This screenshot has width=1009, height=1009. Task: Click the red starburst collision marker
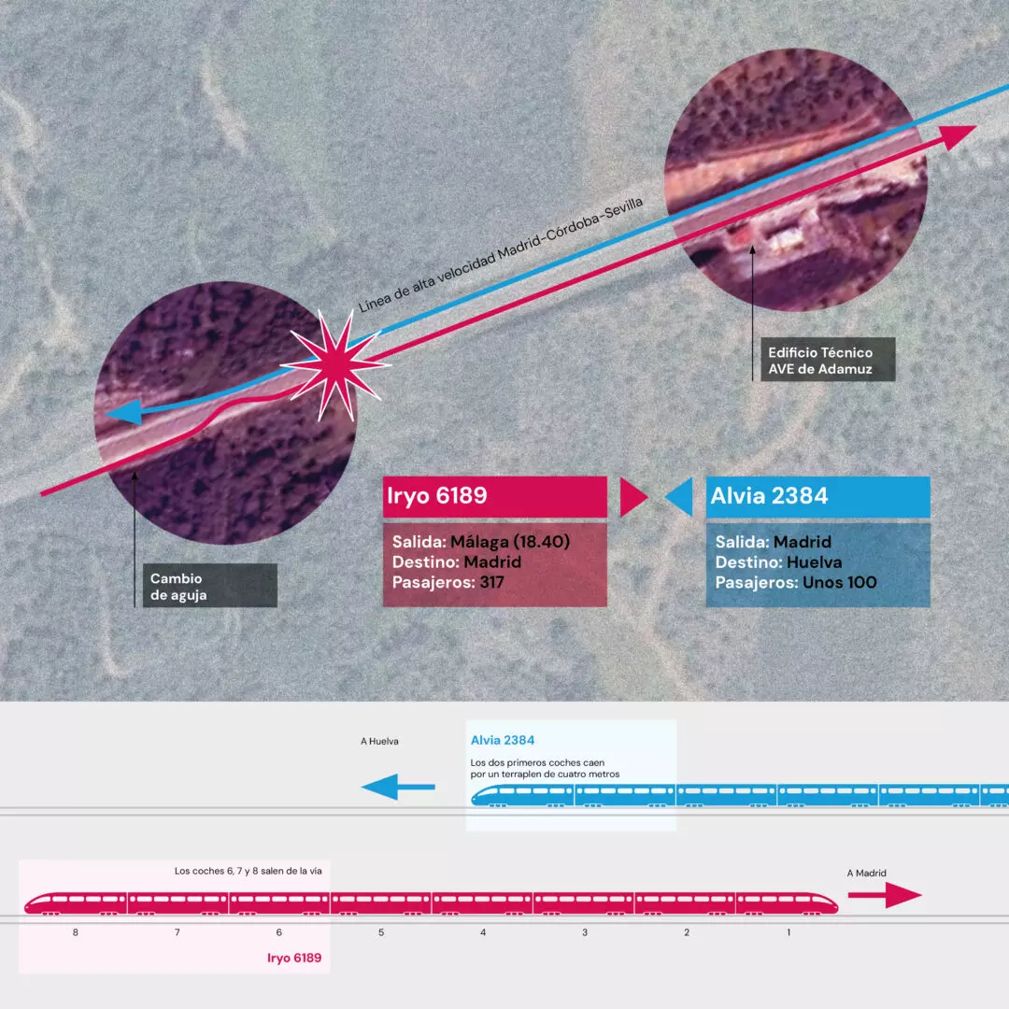point(336,365)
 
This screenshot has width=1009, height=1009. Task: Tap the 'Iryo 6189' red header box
point(495,496)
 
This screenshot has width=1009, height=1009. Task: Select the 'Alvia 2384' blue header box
point(817,496)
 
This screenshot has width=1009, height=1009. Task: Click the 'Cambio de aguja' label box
point(210,586)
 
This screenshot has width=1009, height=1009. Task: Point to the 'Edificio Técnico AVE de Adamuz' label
point(828,360)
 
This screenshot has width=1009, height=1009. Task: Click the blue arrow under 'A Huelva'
point(398,787)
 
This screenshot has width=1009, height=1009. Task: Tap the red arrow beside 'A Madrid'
point(885,895)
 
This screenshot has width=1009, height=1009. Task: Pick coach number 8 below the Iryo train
point(76,932)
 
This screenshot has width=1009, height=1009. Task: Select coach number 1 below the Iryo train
point(789,932)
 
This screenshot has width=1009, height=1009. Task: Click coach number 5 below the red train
point(381,932)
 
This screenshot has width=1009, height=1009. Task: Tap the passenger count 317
point(491,582)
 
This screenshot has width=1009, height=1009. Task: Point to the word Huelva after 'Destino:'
point(814,562)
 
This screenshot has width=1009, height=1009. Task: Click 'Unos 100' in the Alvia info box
point(840,582)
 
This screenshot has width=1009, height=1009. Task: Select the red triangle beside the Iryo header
point(633,497)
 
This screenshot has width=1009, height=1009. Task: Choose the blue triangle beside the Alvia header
point(679,497)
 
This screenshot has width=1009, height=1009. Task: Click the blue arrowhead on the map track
point(123,412)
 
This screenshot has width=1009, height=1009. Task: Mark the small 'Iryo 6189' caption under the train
point(294,959)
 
